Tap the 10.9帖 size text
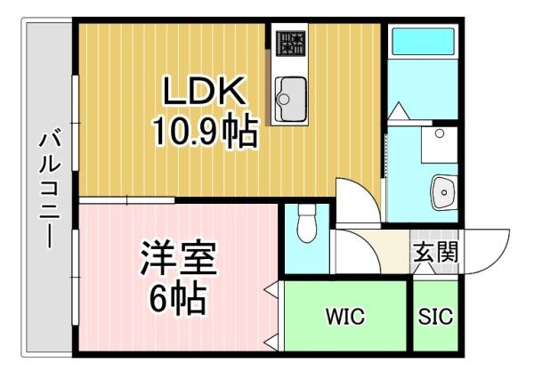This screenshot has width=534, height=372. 205,132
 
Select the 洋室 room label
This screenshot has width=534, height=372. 179,258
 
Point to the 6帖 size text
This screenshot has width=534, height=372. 178,299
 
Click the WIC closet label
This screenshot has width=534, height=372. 345,317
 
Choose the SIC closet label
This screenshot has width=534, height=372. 435,317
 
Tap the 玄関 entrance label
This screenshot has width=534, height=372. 435,252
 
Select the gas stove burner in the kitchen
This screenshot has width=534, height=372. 290,44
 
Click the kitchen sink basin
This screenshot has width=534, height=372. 290,99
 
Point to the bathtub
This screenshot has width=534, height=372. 423,42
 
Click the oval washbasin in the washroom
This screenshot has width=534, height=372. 444,192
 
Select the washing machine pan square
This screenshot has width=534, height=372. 440,145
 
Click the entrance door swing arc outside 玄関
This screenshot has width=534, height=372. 487,251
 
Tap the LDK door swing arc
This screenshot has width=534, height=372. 359,200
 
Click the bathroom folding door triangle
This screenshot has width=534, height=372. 399,111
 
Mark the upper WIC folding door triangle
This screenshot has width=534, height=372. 271,290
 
